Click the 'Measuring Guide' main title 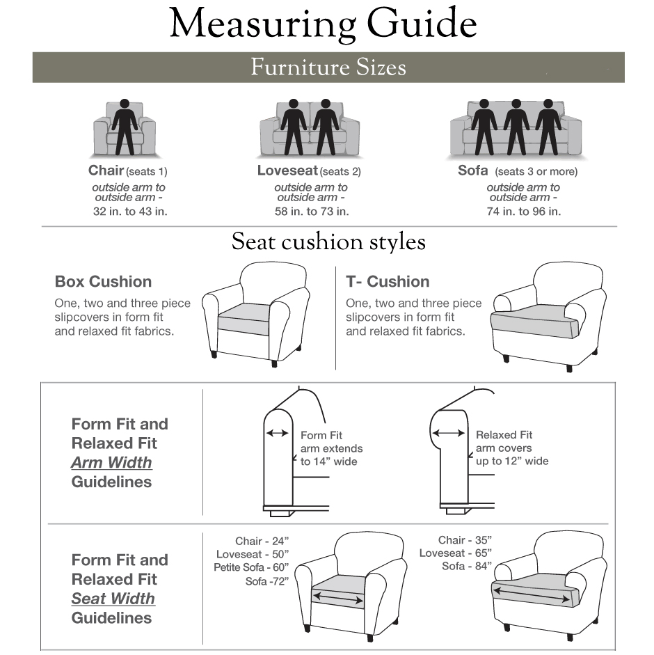pyautogui.click(x=323, y=25)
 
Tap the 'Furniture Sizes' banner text pyautogui.click(x=328, y=68)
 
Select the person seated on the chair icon pyautogui.click(x=125, y=126)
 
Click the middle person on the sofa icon pyautogui.click(x=516, y=126)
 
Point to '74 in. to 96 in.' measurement pyautogui.click(x=523, y=212)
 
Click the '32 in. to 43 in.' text pyautogui.click(x=130, y=212)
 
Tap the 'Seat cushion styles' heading pyautogui.click(x=328, y=242)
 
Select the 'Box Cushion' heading pyautogui.click(x=103, y=282)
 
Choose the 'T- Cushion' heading pyautogui.click(x=388, y=282)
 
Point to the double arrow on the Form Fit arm pyautogui.click(x=278, y=433)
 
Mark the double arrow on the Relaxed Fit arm pyautogui.click(x=449, y=433)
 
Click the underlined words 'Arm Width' pyautogui.click(x=111, y=463)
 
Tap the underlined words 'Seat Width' pyautogui.click(x=113, y=599)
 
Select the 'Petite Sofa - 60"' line pyautogui.click(x=251, y=567)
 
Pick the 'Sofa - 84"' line pyautogui.click(x=467, y=566)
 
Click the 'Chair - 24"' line pyautogui.click(x=262, y=542)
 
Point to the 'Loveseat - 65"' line pyautogui.click(x=456, y=553)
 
